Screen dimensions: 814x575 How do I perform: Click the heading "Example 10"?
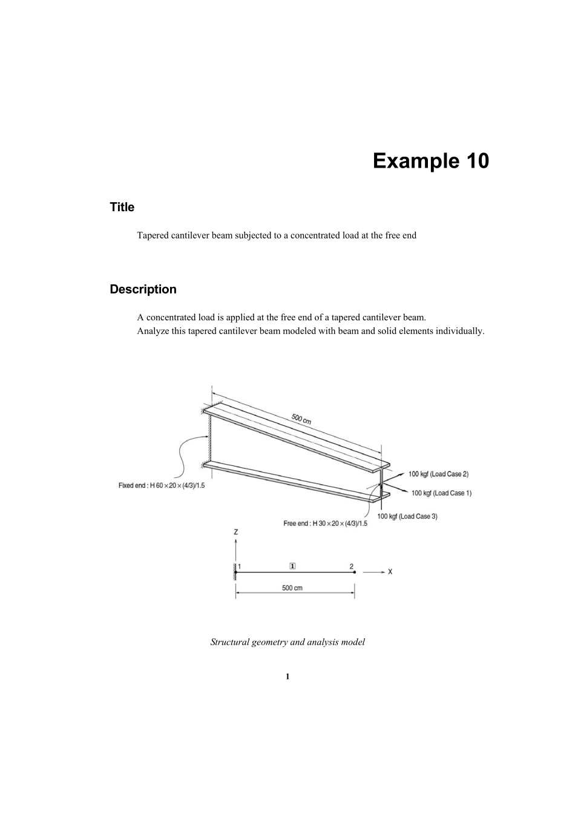point(430,161)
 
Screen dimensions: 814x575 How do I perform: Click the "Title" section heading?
point(122,207)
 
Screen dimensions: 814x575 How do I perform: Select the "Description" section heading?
point(143,289)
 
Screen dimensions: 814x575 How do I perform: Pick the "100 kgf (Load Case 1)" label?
point(441,493)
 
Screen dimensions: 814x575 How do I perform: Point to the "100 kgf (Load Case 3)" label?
point(407,516)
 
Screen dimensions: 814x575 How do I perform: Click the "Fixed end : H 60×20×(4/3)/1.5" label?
point(162,485)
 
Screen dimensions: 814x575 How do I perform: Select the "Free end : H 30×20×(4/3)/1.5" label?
point(325,524)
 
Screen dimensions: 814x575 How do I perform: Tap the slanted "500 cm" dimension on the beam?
point(301,418)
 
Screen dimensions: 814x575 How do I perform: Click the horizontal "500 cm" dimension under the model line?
point(292,588)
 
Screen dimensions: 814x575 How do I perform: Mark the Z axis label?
point(236,532)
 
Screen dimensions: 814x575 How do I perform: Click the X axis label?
point(390,571)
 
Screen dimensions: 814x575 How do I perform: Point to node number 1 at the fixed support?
point(240,566)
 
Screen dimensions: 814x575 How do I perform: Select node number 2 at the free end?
point(352,566)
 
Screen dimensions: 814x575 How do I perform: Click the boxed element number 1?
point(293,566)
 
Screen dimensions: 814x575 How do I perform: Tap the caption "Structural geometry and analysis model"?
point(287,642)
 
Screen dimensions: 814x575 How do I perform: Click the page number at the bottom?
point(287,676)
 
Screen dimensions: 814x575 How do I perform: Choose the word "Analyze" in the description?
point(153,331)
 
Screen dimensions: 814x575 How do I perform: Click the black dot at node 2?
point(355,572)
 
